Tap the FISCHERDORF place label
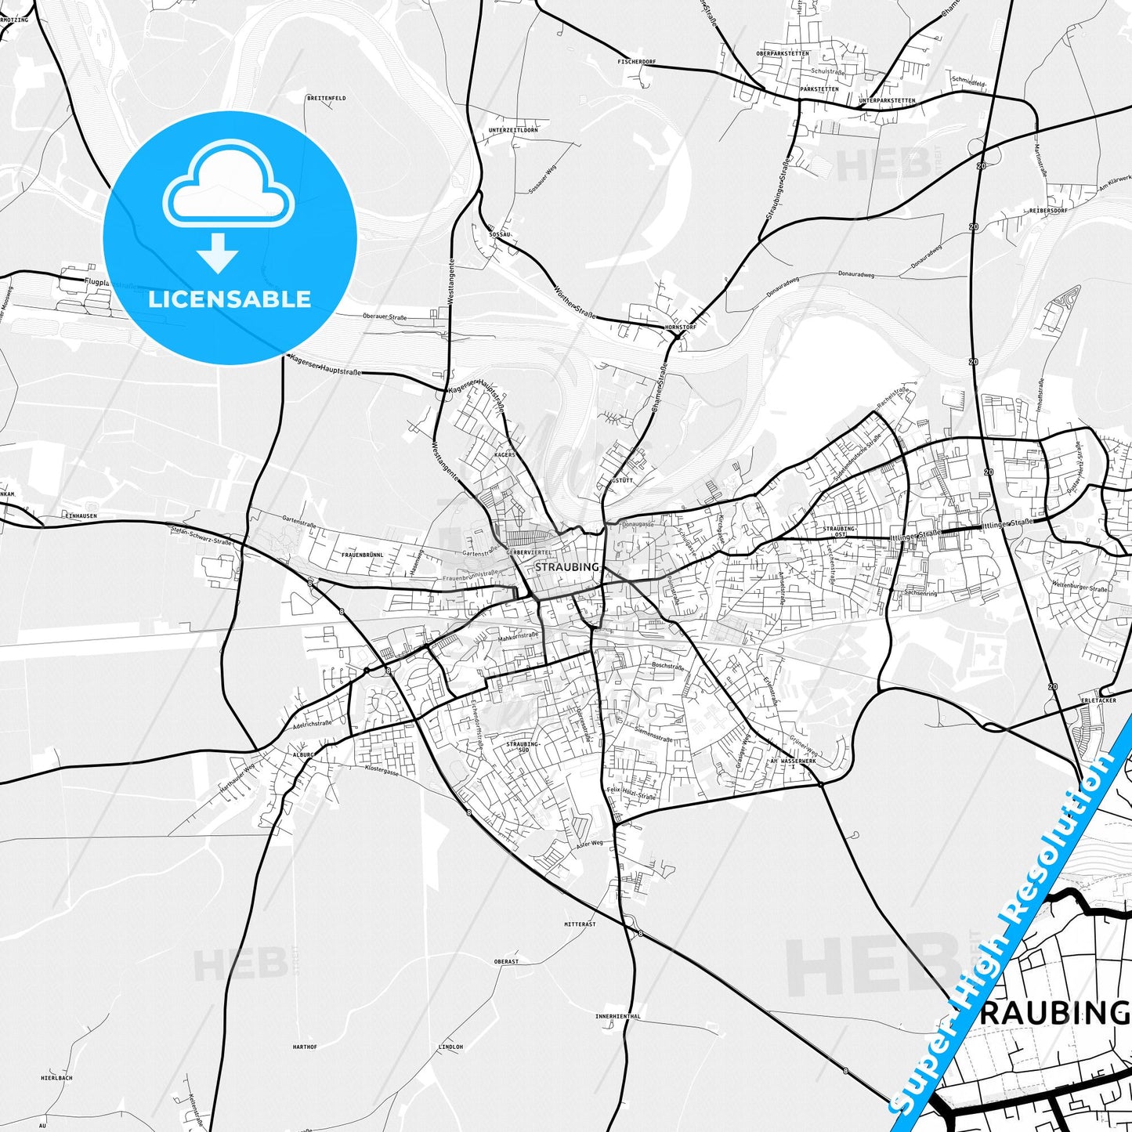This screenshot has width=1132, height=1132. pos(635,60)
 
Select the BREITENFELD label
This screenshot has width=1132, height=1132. pos(326,98)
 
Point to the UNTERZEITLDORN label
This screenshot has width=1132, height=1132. pos(512,129)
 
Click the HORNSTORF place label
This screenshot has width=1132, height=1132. pos(679,327)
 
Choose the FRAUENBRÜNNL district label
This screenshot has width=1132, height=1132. pos(362,554)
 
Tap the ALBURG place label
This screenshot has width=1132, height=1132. pos(302,754)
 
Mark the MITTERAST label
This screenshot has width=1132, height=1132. pos(580,924)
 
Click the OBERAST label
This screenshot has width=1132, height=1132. pos(506,961)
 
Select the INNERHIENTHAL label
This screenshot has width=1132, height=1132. pos(617,1017)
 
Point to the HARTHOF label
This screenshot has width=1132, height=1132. pos(304,1047)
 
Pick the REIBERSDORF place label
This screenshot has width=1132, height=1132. pos(1049,210)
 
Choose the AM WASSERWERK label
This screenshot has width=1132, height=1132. pos(794,761)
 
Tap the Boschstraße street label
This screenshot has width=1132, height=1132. pos(668,666)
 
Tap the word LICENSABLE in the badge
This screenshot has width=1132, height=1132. pos(230,298)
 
